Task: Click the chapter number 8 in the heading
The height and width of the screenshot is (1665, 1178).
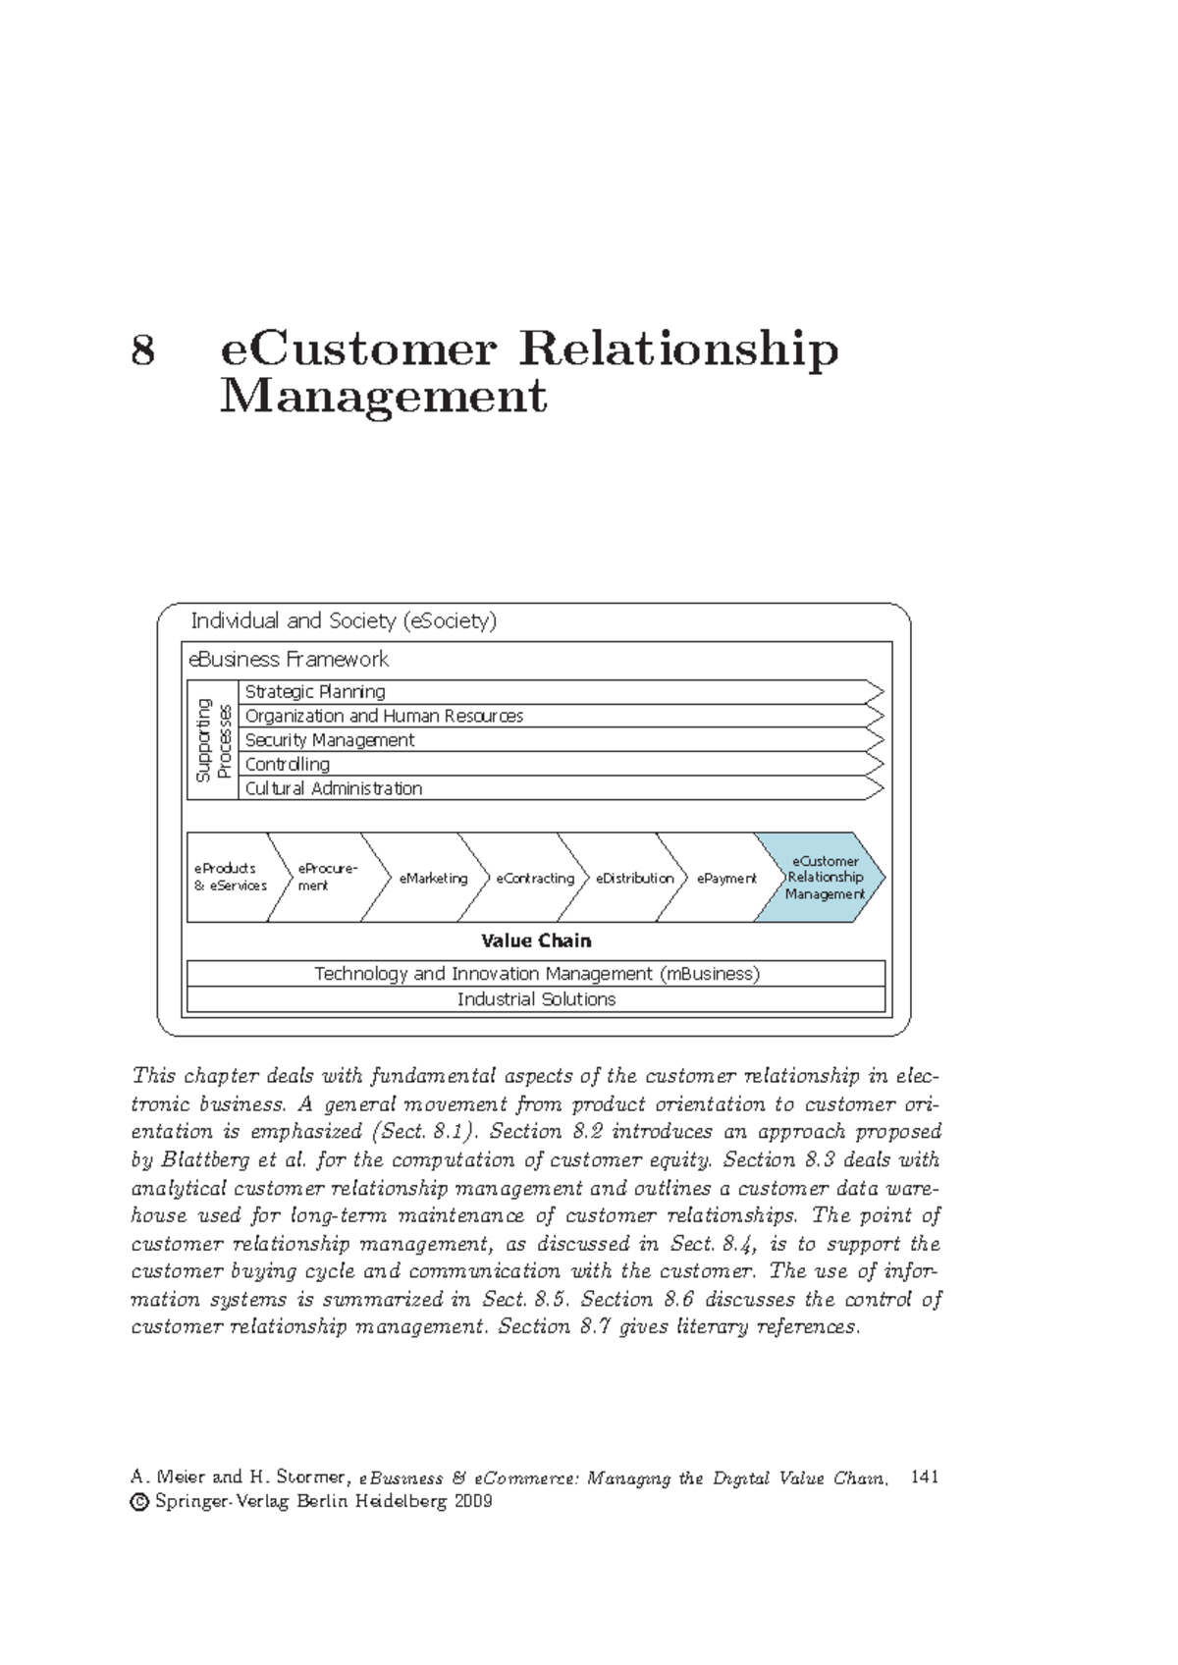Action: point(143,350)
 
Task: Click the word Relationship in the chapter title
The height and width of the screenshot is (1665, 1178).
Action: point(677,350)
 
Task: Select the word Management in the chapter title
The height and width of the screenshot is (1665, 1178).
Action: point(383,398)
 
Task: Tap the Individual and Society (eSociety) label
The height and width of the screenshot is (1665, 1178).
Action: point(344,620)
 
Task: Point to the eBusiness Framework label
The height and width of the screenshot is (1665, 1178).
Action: point(289,659)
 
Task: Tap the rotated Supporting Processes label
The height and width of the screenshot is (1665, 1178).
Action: point(213,740)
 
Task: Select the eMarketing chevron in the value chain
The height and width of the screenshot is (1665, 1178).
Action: point(432,878)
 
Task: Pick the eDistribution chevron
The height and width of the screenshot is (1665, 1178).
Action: point(633,878)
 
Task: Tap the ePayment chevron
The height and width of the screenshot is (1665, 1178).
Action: point(726,878)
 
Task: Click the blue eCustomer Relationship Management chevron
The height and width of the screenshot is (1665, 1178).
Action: point(824,878)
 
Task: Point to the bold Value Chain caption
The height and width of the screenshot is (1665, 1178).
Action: point(536,940)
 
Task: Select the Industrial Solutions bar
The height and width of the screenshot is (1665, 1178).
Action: point(536,999)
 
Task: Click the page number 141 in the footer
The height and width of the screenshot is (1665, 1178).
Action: point(925,1477)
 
